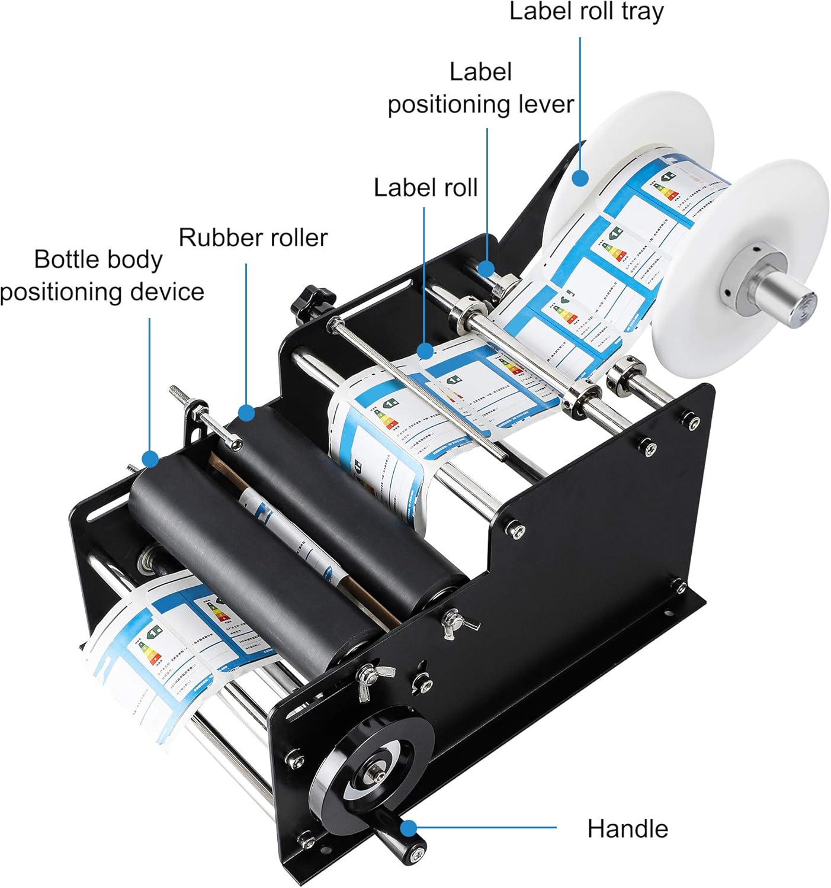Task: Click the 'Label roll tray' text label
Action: click(586, 12)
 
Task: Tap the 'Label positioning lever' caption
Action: click(480, 88)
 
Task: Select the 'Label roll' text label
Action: click(425, 188)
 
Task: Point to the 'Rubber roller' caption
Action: click(253, 238)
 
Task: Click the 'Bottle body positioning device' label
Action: click(101, 276)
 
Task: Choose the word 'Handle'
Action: click(627, 829)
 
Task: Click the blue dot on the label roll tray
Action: click(580, 177)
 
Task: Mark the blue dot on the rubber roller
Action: click(246, 412)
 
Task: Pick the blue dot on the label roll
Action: click(425, 351)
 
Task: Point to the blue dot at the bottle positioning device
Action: click(150, 458)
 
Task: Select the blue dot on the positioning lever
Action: click(487, 268)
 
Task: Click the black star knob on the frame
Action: click(305, 301)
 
